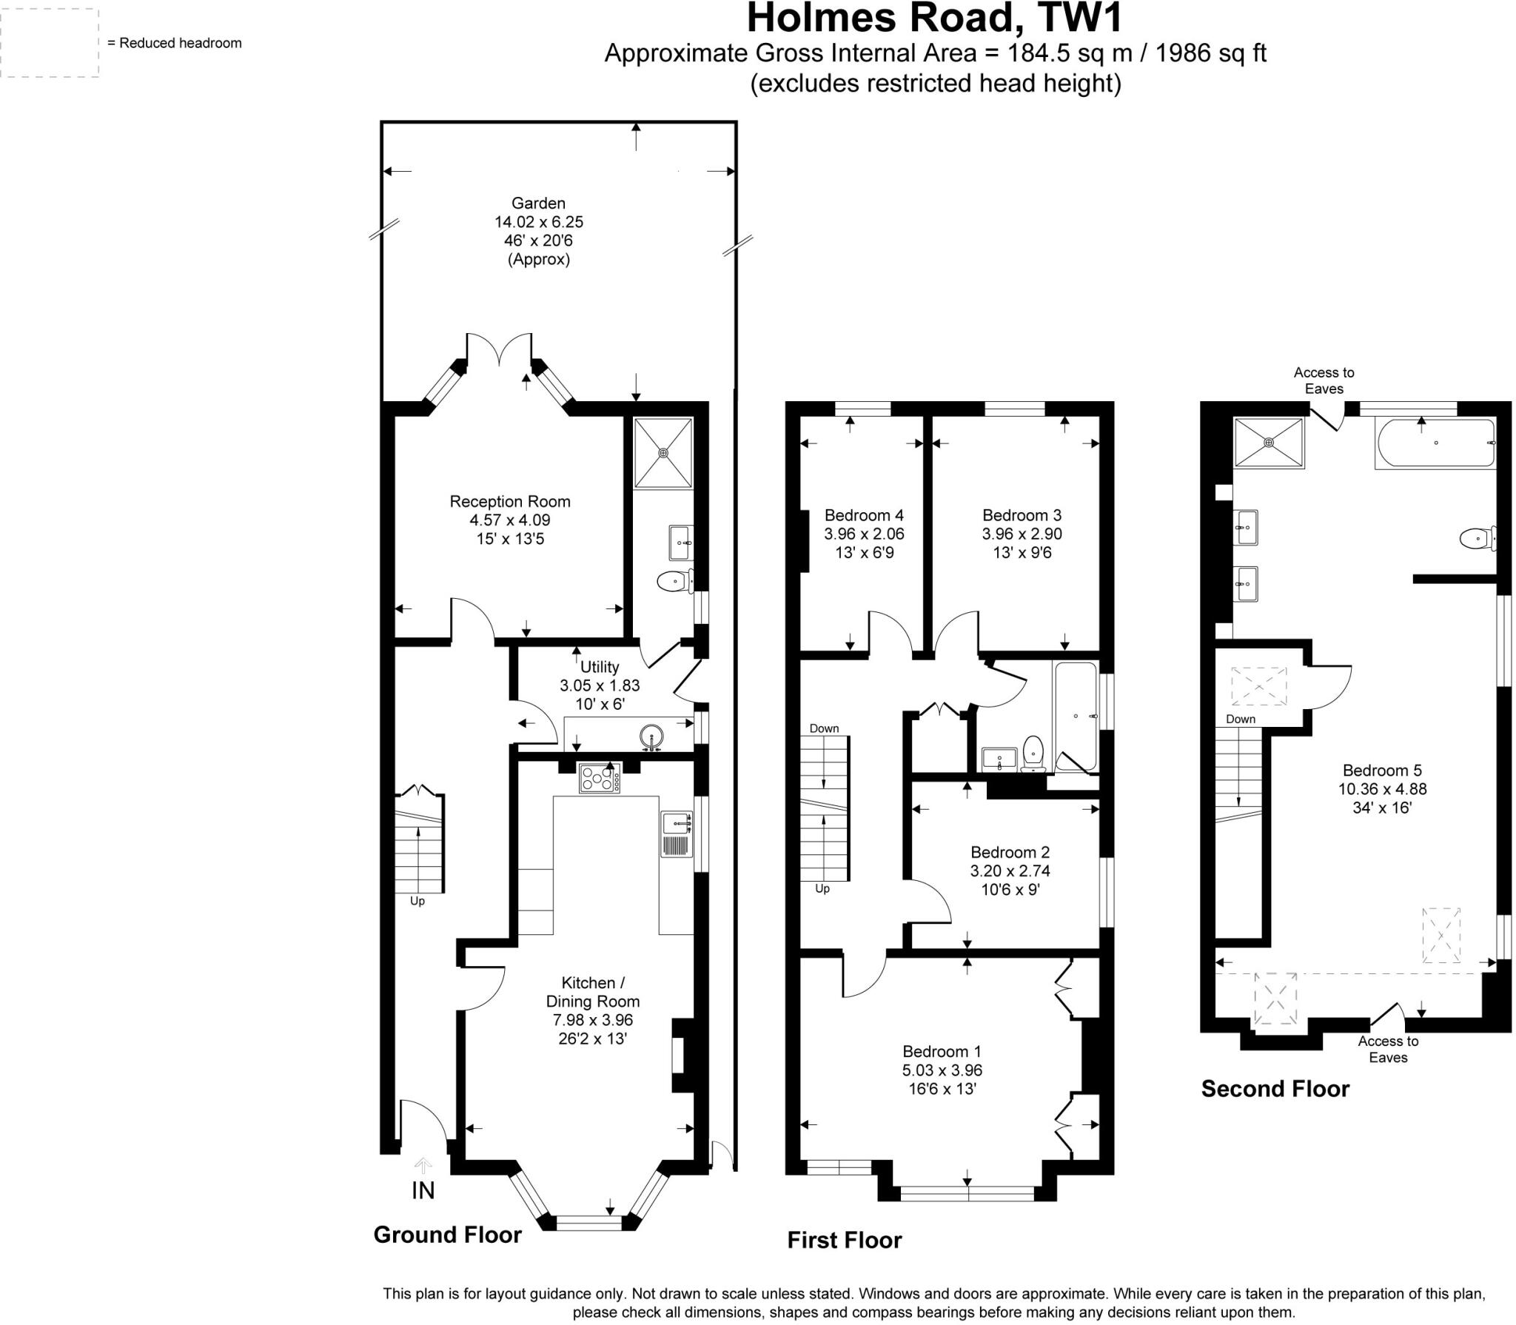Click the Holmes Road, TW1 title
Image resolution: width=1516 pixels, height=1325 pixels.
935,19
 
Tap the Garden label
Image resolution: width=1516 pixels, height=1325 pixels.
538,203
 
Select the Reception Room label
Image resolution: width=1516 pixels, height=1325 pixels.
509,501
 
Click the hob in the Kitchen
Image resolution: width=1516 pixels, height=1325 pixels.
600,778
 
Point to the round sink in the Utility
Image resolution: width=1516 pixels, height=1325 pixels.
652,737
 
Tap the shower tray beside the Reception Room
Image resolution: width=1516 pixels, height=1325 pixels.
663,452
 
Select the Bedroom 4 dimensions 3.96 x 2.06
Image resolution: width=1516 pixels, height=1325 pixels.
864,534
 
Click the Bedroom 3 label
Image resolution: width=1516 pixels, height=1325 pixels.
1022,515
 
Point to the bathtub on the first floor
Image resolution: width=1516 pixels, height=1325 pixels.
1075,716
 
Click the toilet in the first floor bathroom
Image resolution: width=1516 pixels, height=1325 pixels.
1033,753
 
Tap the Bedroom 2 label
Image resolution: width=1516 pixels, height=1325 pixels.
1010,852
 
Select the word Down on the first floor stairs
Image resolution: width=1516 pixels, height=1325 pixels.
824,728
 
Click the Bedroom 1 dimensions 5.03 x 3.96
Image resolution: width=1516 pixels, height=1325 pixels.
942,1070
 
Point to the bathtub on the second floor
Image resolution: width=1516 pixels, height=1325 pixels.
1435,443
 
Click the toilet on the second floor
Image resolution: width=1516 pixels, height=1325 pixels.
1477,539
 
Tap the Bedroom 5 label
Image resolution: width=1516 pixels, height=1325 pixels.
1382,770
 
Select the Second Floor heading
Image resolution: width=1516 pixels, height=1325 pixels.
1275,1088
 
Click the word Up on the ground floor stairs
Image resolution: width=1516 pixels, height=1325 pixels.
417,902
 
